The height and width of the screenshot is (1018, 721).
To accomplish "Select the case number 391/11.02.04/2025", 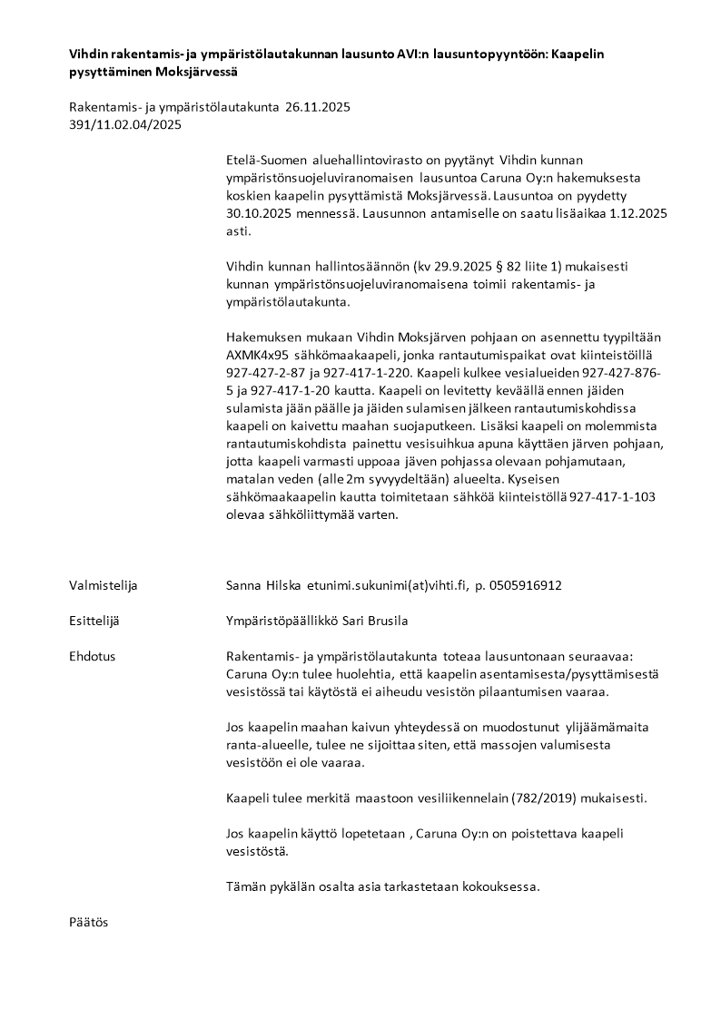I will (125, 125).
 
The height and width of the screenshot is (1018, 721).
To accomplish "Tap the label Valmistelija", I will (104, 585).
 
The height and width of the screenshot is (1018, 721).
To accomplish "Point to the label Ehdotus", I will (92, 655).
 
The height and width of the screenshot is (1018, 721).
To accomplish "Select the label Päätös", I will (88, 922).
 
